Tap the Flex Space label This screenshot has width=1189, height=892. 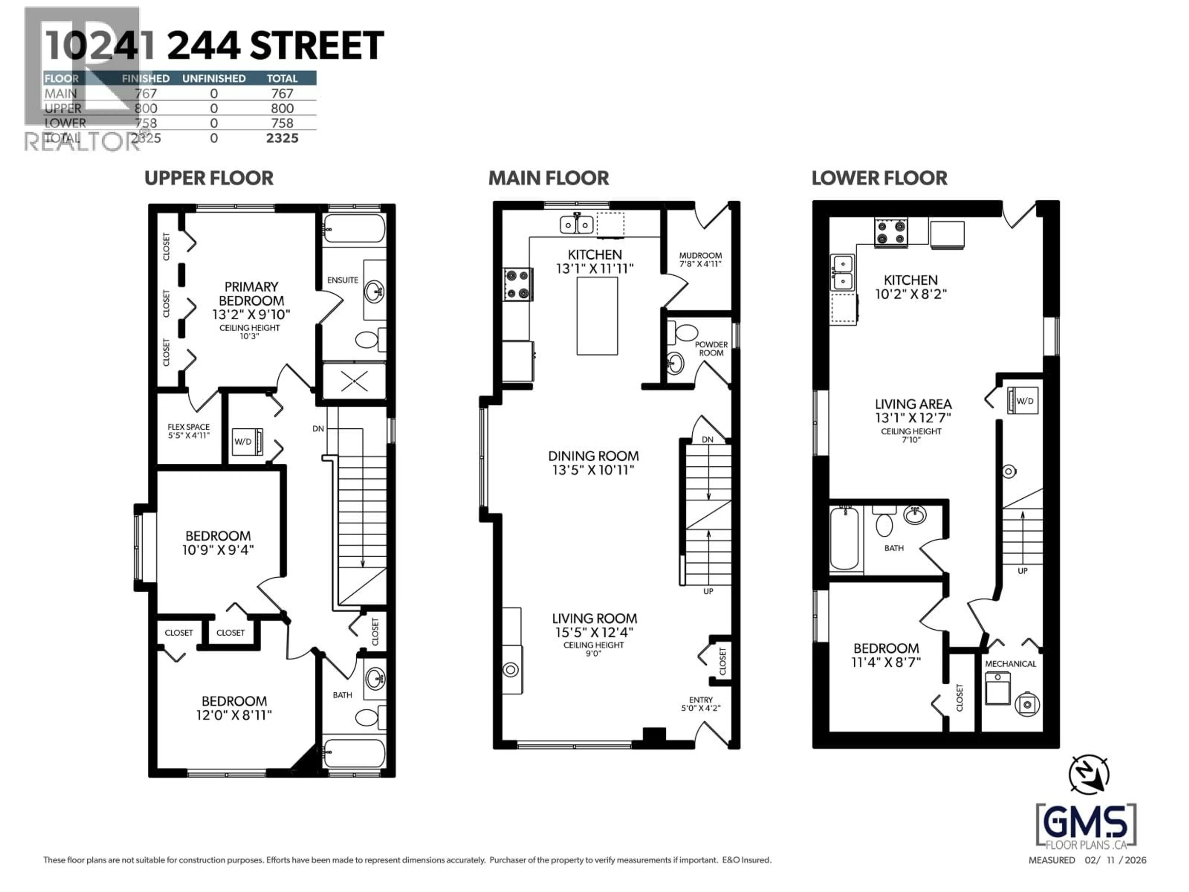[188, 427]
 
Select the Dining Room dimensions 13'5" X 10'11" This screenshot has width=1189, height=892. [594, 470]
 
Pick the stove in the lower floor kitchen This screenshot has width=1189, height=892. [891, 232]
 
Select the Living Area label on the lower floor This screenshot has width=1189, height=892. [913, 404]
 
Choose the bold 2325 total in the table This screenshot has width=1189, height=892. [282, 138]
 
